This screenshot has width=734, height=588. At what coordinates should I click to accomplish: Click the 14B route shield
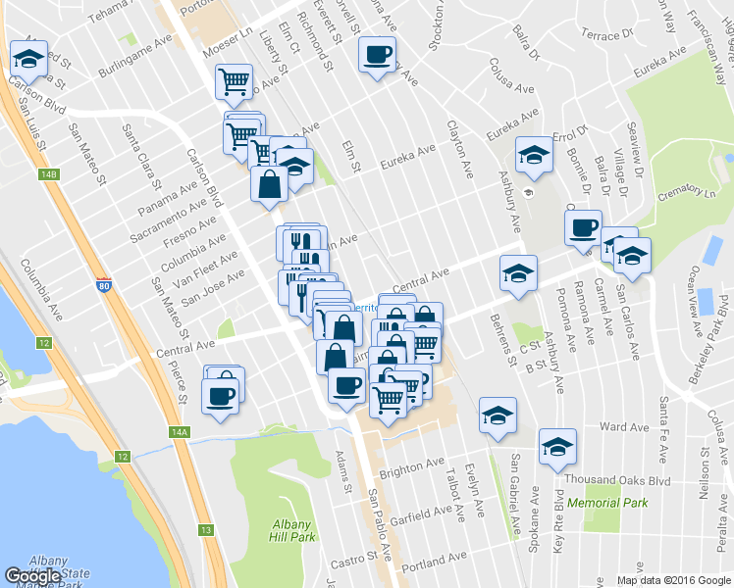[50, 175]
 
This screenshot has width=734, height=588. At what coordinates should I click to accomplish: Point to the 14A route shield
[178, 431]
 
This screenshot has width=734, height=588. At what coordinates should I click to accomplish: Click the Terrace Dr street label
[601, 36]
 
